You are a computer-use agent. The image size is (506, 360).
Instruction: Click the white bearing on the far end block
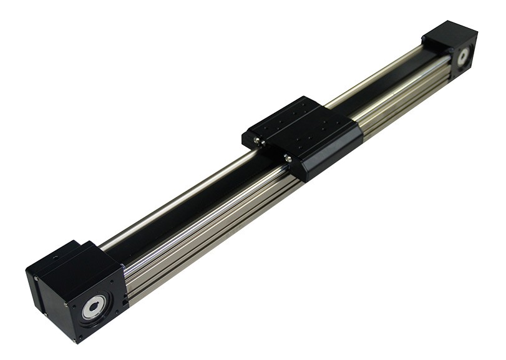[463, 56]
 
